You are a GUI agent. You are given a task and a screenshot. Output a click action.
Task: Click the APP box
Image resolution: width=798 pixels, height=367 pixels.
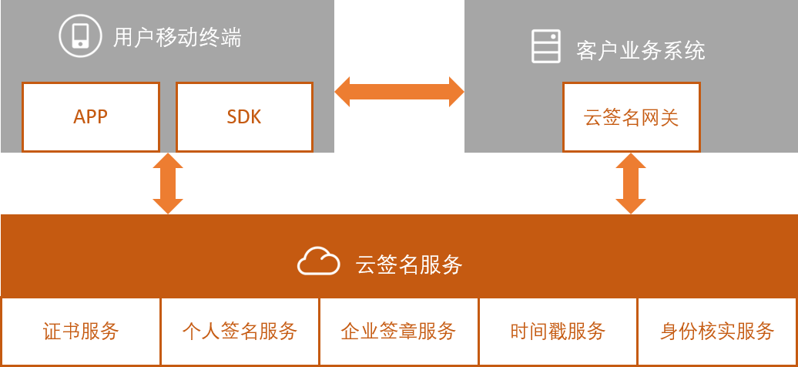click(91, 117)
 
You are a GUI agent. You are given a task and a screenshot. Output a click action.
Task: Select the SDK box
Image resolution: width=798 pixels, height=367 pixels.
click(244, 117)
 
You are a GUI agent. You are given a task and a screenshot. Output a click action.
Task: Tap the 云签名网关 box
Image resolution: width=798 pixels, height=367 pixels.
click(632, 117)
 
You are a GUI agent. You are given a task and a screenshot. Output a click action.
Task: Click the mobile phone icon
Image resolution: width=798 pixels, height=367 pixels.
click(80, 35)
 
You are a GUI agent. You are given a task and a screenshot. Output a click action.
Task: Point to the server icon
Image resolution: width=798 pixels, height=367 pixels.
click(546, 46)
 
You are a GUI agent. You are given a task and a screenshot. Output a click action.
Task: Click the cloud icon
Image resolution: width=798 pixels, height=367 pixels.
click(319, 261)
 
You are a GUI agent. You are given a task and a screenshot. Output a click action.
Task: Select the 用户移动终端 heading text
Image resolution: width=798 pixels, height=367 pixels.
click(177, 37)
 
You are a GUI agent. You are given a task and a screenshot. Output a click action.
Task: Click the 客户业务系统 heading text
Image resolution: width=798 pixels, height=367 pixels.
click(640, 51)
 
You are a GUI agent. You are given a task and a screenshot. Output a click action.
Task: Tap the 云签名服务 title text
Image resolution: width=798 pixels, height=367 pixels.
click(409, 264)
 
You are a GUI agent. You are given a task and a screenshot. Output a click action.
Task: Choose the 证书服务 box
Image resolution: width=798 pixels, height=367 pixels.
click(81, 332)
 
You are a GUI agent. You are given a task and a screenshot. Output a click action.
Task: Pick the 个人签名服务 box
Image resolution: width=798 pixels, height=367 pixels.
click(240, 332)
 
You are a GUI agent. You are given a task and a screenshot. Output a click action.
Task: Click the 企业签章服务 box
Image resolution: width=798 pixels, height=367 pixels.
click(398, 332)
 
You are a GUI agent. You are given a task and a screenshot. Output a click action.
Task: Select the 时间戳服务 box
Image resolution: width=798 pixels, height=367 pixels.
click(558, 332)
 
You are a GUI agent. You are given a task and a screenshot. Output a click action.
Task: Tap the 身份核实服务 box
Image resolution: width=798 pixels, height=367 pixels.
click(717, 332)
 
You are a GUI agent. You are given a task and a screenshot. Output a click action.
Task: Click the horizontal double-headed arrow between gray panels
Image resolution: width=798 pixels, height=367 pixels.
click(399, 91)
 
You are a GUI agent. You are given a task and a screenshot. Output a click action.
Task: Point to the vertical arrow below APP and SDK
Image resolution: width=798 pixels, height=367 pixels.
click(168, 183)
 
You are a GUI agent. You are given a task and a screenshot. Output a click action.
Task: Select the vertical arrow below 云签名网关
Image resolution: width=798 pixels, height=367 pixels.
click(631, 183)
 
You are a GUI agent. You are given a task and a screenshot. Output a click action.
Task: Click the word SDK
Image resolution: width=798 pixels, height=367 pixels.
click(244, 117)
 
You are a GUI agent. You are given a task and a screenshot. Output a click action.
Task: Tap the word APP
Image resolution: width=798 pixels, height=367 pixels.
click(91, 117)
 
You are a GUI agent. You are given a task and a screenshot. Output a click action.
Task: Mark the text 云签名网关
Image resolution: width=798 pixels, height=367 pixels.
click(632, 118)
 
